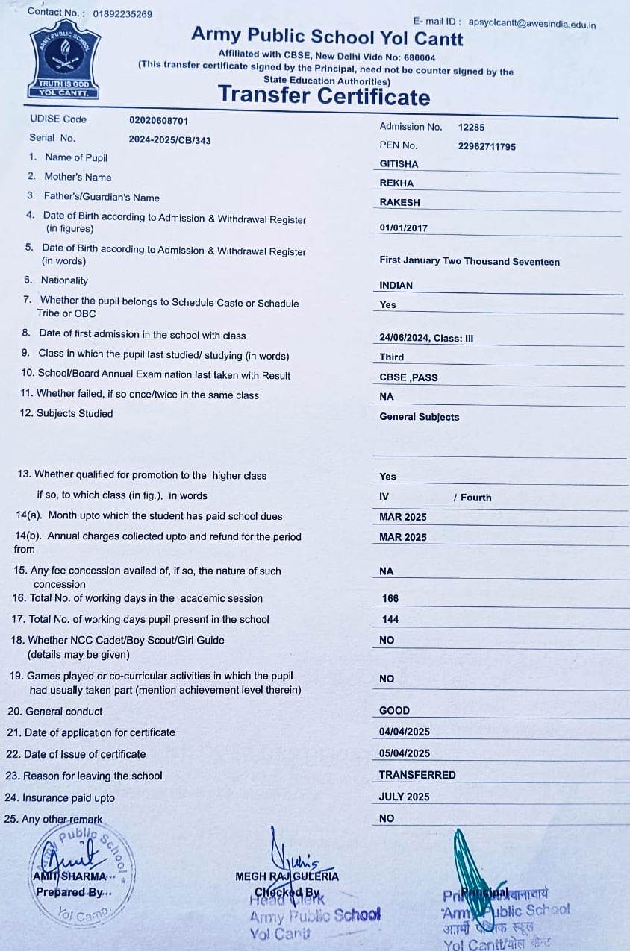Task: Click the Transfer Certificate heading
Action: point(324,96)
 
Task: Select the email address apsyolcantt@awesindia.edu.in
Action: point(532,24)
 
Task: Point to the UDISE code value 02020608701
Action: point(159,120)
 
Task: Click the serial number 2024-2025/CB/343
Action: point(169,140)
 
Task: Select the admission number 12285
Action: point(471,128)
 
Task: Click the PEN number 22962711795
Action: point(487,147)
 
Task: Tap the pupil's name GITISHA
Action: point(399,164)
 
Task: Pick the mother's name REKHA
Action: point(396,183)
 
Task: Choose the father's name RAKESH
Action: point(399,203)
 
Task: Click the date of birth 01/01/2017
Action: point(404,228)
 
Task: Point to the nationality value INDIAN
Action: point(396,286)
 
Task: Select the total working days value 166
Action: point(390,599)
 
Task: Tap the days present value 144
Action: point(390,619)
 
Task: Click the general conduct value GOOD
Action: point(394,711)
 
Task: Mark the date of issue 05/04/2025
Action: point(405,753)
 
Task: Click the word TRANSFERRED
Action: point(417,775)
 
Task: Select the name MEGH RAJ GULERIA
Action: point(287,876)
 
